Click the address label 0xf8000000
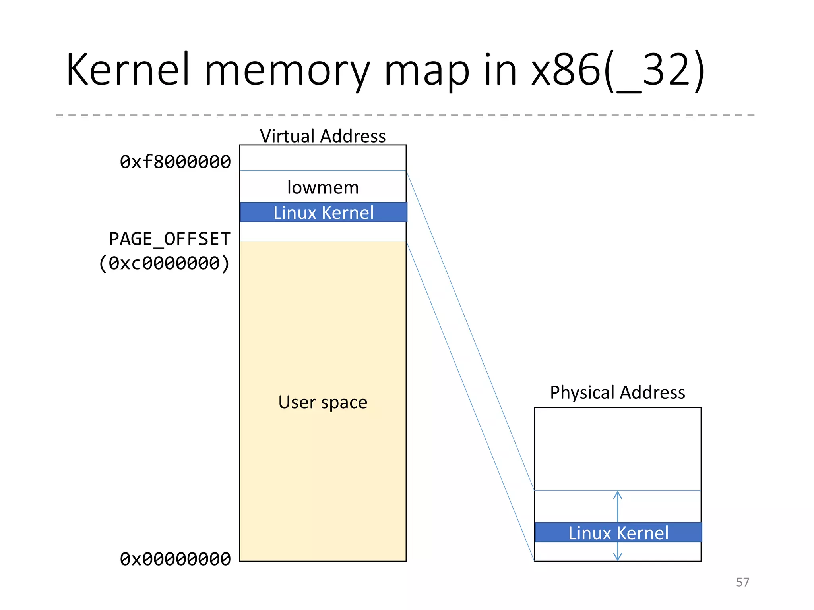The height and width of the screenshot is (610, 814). point(175,162)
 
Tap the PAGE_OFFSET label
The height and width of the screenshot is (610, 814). point(169,239)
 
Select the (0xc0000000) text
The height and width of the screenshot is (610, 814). point(164,263)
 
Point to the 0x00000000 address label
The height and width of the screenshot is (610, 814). point(175,559)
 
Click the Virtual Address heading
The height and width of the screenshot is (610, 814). point(323,136)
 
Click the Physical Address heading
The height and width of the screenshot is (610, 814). point(617,392)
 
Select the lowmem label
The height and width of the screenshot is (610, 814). point(323,187)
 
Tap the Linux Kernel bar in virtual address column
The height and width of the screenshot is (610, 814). point(323,212)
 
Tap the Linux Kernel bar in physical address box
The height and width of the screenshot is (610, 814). point(618,533)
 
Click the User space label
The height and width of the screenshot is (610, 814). point(323,402)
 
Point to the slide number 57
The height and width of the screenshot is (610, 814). point(742,582)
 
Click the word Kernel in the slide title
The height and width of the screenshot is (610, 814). point(128,70)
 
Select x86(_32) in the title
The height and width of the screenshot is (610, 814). point(617,71)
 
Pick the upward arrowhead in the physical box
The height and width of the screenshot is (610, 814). point(617,495)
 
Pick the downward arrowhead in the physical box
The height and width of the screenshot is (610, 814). point(617,557)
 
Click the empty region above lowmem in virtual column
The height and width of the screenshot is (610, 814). point(323,158)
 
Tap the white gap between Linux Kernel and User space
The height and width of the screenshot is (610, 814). point(323,232)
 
